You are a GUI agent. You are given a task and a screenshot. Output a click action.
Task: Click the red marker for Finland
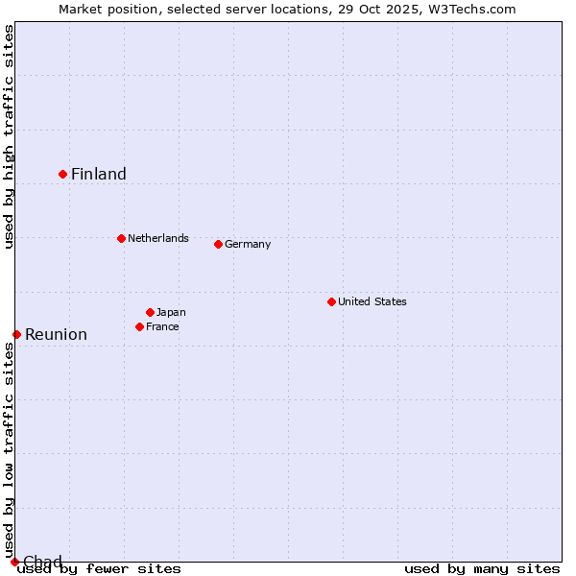click(63, 174)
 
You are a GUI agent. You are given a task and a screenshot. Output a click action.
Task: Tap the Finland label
click(99, 174)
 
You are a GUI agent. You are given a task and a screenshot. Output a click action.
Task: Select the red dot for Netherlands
click(121, 238)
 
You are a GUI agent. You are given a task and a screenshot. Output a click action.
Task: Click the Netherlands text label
click(158, 238)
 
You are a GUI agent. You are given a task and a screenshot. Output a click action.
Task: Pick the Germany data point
click(218, 244)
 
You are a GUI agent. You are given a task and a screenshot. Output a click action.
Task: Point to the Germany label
click(248, 244)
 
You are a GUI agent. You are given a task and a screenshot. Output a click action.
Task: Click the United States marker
click(331, 301)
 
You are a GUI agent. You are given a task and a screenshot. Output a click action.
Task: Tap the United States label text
click(372, 301)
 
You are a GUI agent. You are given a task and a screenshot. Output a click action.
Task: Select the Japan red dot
click(150, 312)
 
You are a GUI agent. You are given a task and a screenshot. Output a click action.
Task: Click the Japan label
click(171, 312)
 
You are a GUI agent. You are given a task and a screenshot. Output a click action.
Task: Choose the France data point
click(139, 326)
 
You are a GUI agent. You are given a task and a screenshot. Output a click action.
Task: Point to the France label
click(162, 326)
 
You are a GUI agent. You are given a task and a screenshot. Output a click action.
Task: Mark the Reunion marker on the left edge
click(16, 334)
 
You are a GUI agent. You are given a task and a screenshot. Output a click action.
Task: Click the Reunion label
click(56, 334)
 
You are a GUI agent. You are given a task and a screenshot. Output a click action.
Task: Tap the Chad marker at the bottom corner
click(14, 562)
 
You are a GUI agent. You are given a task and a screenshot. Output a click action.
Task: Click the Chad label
click(42, 562)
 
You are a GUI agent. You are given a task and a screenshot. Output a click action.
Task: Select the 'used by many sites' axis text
click(482, 568)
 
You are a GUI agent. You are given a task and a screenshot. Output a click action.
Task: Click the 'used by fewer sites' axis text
click(100, 568)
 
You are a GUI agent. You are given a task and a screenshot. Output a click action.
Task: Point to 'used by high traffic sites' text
click(10, 137)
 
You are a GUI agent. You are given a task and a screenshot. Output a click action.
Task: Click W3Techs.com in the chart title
click(470, 9)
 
